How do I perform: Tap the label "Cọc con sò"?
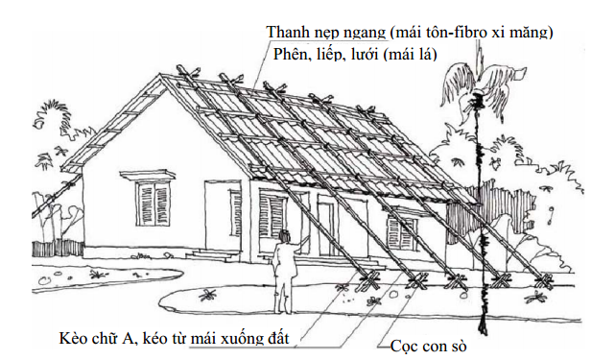tap(428, 347)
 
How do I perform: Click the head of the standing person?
tap(285, 236)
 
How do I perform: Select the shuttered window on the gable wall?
tap(154, 203)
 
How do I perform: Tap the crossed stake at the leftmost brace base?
tap(368, 280)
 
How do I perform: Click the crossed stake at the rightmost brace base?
tap(544, 281)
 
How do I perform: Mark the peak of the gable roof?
tap(161, 75)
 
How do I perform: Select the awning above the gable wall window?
tap(148, 175)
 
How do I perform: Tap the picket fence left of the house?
tap(58, 248)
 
